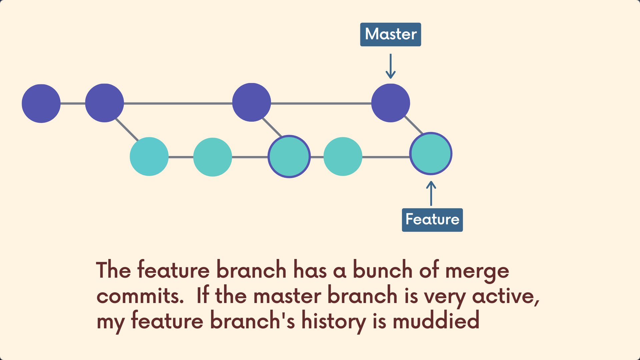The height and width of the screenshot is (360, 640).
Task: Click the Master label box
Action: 390,34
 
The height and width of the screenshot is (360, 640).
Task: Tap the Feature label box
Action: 432,220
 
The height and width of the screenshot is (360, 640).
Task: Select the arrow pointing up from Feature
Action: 431,193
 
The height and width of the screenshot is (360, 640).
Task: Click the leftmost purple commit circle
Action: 41,103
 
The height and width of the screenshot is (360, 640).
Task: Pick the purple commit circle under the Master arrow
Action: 390,103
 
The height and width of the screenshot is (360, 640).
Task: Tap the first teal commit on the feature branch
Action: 149,156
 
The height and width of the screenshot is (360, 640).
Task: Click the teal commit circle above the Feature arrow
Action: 431,154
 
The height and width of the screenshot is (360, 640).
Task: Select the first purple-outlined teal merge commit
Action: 289,156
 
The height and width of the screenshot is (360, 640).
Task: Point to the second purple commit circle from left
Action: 104,103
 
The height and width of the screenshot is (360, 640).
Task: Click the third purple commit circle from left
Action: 251,102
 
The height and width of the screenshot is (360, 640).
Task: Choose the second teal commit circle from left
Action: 212,157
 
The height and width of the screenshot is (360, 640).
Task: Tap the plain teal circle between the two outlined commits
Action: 343,156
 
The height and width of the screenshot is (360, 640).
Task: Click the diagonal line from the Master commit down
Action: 413,125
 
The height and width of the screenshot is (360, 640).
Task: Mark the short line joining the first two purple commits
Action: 73,103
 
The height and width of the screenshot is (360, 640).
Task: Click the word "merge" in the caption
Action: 477,271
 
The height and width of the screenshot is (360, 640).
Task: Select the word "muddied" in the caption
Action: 436,321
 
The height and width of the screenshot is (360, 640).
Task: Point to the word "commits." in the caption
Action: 140,296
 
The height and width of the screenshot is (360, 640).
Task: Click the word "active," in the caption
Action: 506,296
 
